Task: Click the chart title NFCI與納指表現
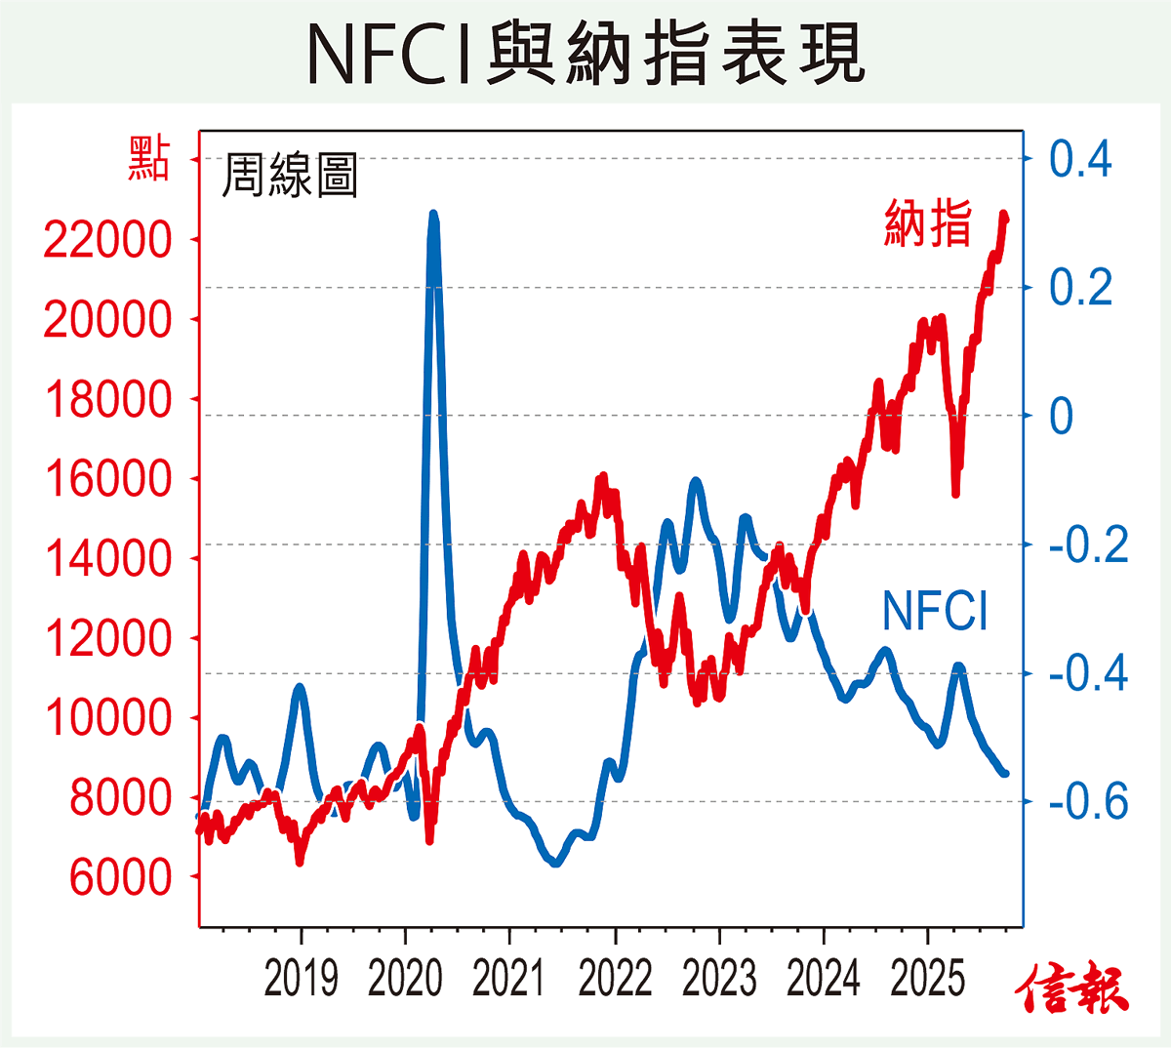point(585,55)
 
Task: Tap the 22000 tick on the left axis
point(107,240)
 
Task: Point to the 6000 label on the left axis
point(120,877)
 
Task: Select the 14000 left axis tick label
point(107,559)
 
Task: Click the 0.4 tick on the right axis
point(1080,159)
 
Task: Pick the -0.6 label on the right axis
point(1088,802)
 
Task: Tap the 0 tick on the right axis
point(1061,417)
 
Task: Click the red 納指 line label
point(928,223)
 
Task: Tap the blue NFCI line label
point(935,612)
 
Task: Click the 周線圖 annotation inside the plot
point(290,176)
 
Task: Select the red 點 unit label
point(148,159)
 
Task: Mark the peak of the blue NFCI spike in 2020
point(433,215)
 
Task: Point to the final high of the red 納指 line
point(1004,215)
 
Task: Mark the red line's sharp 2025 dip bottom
point(955,493)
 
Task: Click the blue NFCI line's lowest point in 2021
point(555,863)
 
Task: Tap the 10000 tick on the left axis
point(107,718)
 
